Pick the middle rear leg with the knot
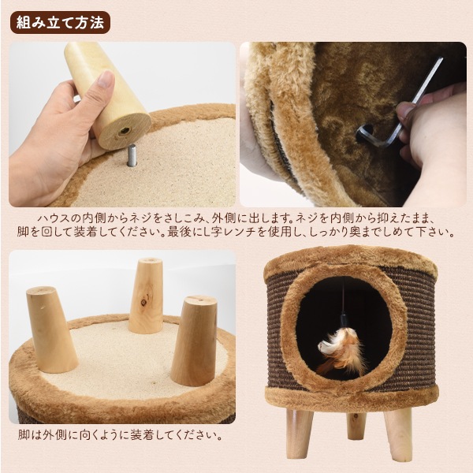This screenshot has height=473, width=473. pos(147,296)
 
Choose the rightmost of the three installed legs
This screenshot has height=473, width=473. pos(193,339)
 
